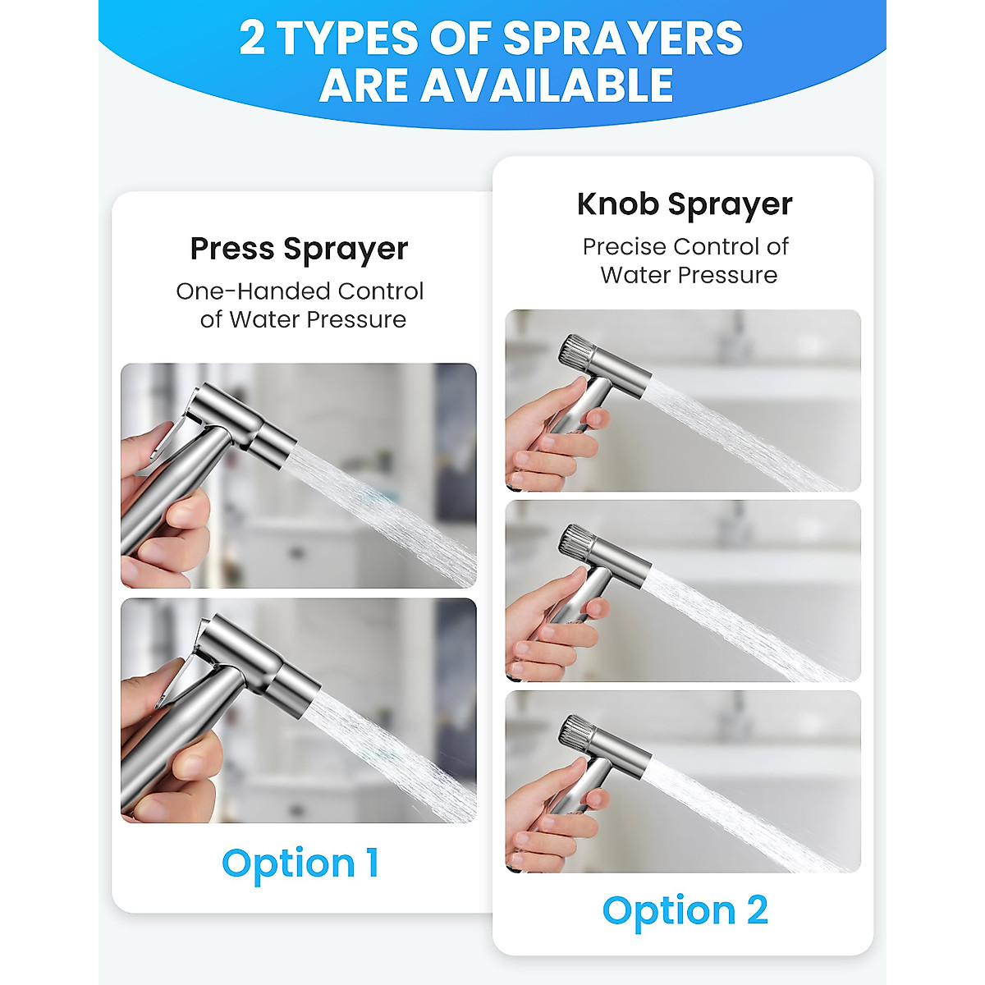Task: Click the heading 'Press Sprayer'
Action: pos(299,249)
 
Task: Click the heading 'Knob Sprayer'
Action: pos(685,204)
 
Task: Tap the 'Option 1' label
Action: pos(300,864)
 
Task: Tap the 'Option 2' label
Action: pos(685,910)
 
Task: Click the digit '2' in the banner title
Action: pos(253,39)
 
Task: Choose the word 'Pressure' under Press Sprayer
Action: pos(358,319)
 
